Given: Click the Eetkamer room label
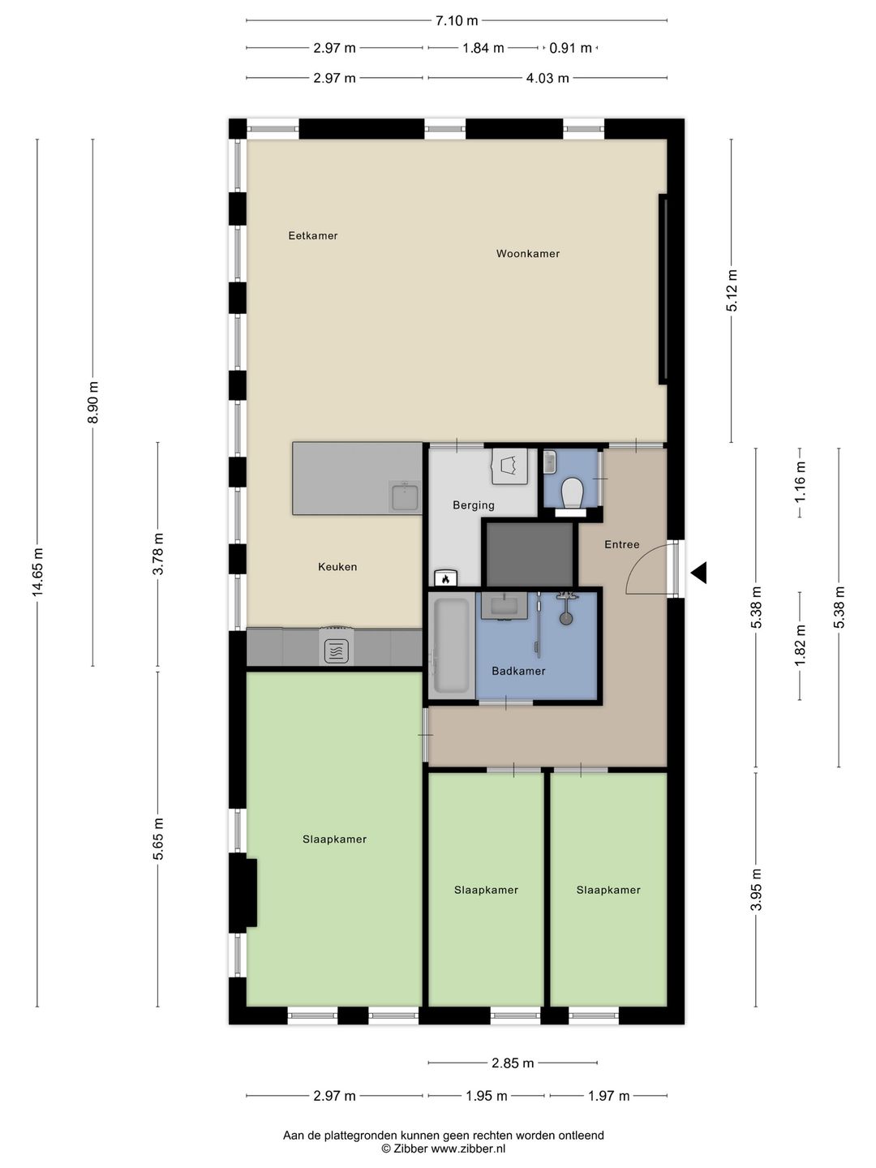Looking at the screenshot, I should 313,236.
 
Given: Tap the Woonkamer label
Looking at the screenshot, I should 528,254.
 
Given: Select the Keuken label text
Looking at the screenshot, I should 337,567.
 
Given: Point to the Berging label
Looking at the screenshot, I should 474,505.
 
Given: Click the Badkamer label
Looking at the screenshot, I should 518,671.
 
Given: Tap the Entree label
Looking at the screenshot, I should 622,544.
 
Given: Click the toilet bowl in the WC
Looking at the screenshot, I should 573,492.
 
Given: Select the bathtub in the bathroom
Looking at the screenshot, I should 451,646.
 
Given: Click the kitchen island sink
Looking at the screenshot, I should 405,496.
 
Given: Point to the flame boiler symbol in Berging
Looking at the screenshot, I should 445,578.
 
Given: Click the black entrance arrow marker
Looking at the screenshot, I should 699,573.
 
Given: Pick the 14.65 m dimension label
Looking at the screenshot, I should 37,572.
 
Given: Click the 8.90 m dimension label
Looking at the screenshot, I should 93,402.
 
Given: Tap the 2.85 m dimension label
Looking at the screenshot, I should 512,1063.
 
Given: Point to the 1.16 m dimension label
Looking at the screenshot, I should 801,478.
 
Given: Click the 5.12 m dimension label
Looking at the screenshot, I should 732,290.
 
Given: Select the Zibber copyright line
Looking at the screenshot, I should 443,1148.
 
